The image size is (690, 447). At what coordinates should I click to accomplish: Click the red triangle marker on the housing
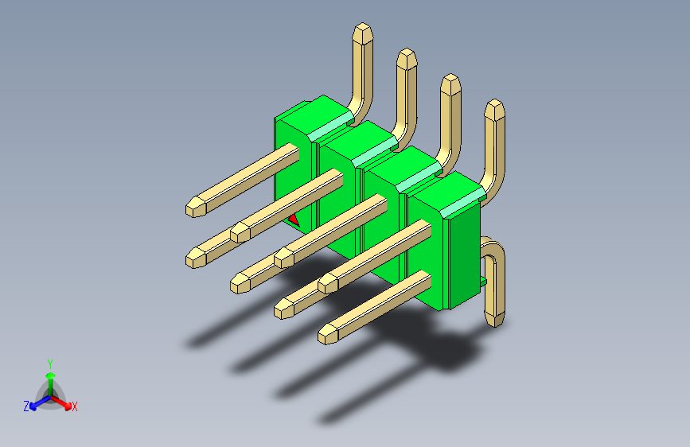click(293, 218)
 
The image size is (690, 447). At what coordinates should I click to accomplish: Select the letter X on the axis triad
click(75, 407)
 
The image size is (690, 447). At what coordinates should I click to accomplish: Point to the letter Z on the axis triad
click(26, 406)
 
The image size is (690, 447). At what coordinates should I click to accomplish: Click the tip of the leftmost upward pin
click(362, 33)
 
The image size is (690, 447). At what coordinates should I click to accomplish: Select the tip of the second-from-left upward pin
click(407, 58)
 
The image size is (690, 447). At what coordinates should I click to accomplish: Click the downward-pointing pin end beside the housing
click(495, 318)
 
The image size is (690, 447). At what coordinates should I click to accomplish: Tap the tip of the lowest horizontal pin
click(327, 335)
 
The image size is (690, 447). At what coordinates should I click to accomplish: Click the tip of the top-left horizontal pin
click(193, 208)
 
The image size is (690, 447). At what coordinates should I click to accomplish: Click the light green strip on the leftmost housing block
click(333, 126)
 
